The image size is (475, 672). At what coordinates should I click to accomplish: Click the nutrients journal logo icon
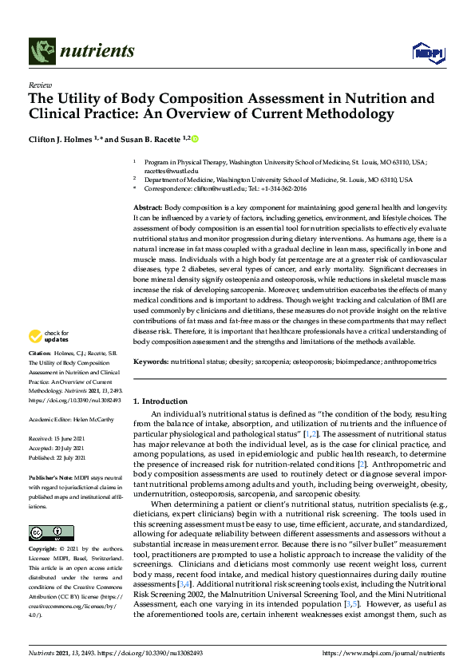(x=42, y=51)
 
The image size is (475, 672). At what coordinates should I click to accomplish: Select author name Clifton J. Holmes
(x=68, y=139)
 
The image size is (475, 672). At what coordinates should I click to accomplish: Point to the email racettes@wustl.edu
(x=165, y=170)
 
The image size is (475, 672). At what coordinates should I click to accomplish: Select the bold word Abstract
(x=147, y=207)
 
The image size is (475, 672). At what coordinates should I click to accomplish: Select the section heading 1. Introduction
(x=160, y=401)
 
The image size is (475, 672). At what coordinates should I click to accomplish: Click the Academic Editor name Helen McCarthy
(x=94, y=418)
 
